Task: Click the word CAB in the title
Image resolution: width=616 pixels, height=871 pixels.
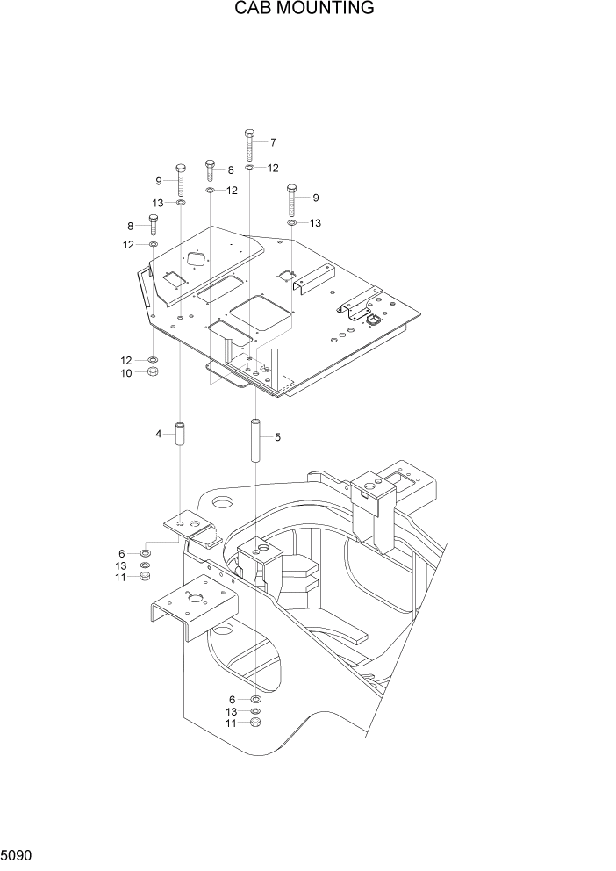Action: coord(253,9)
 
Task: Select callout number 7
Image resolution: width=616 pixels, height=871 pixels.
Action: coord(273,142)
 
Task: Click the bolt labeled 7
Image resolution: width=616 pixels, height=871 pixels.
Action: coord(250,144)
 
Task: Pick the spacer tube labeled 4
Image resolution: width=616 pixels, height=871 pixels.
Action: coord(180,435)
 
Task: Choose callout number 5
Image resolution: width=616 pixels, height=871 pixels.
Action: coord(277,436)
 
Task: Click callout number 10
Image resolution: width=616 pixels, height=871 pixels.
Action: coord(126,373)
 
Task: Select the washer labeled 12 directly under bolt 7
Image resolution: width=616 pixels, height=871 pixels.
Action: coord(250,167)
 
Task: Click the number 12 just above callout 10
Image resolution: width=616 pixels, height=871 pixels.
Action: coord(126,360)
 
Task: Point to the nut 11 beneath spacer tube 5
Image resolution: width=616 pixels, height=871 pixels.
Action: coord(255,723)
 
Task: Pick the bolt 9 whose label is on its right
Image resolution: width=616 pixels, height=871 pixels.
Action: coord(291,200)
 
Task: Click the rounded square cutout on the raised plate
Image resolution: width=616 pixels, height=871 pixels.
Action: coord(194,261)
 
